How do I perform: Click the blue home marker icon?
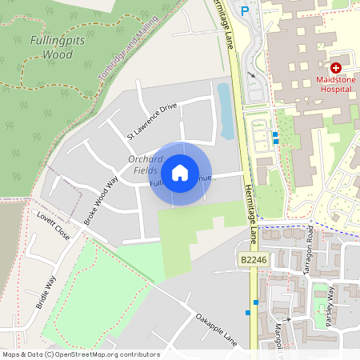[x=180, y=172]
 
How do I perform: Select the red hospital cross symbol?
[x=336, y=69]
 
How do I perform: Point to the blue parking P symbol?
[x=246, y=10]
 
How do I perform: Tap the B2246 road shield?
[x=253, y=260]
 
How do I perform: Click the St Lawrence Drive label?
[x=152, y=121]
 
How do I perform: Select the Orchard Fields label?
[x=146, y=165]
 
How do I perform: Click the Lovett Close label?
[x=54, y=226]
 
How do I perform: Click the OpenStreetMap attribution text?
[x=80, y=354]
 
